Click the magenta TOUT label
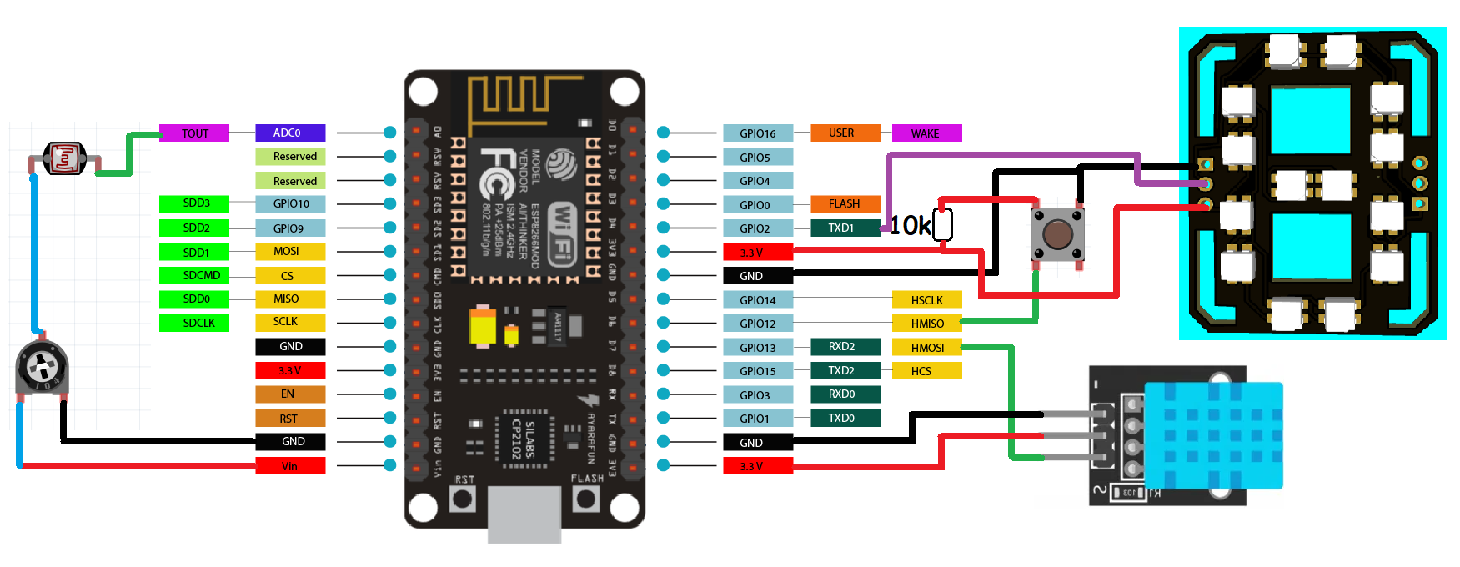pyautogui.click(x=194, y=133)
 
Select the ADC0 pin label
pyautogui.click(x=289, y=133)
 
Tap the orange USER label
pyautogui.click(x=845, y=133)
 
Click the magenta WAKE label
pyautogui.click(x=926, y=133)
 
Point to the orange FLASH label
pyautogui.click(x=845, y=203)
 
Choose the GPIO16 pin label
pyautogui.click(x=757, y=133)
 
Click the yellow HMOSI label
pyautogui.click(x=926, y=348)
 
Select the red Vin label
pyautogui.click(x=289, y=466)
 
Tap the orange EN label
pyautogui.click(x=289, y=394)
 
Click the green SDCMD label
pyautogui.click(x=194, y=275)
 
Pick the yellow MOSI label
pyautogui.click(x=289, y=251)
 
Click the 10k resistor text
pyautogui.click(x=910, y=226)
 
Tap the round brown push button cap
pyautogui.click(x=1057, y=234)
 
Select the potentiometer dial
pyautogui.click(x=41, y=367)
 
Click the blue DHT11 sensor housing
pyautogui.click(x=1213, y=435)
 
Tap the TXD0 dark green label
pyautogui.click(x=845, y=418)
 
